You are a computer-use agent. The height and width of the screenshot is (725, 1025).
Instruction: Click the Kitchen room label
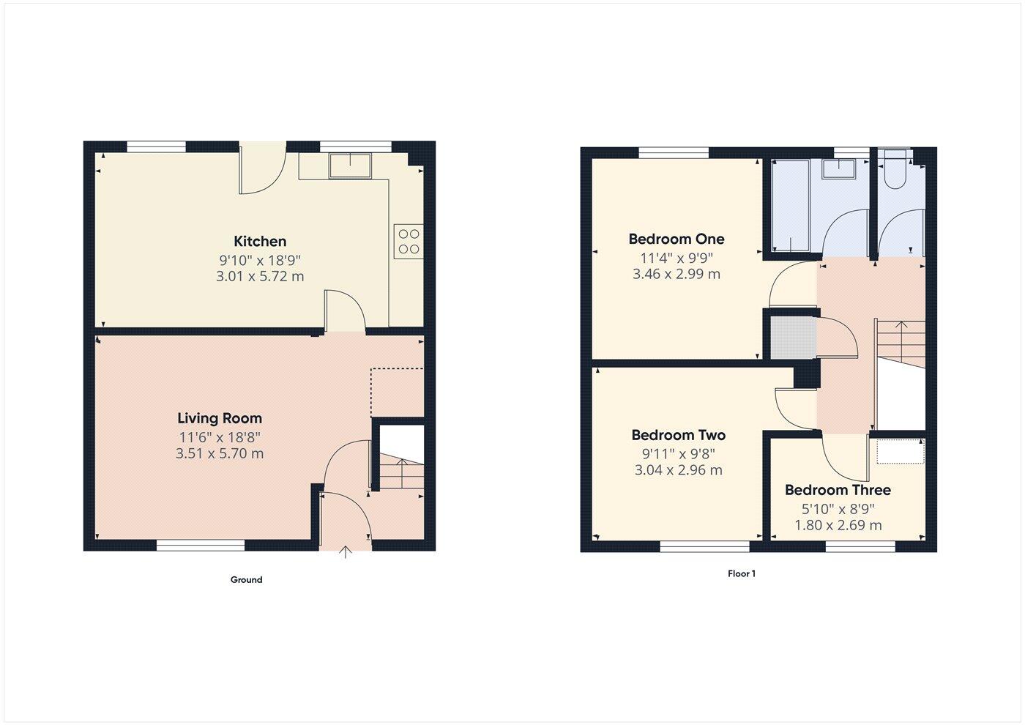coord(260,241)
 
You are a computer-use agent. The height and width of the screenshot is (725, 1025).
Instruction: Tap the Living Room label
coord(220,418)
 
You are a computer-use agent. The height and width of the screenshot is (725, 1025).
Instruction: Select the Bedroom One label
coord(676,239)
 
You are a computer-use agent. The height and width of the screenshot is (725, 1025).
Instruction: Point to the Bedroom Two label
coord(678,435)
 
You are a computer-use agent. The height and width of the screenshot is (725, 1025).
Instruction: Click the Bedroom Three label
coord(838,490)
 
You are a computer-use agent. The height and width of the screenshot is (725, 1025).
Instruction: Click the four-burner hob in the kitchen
coord(409,242)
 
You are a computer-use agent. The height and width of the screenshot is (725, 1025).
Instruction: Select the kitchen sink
coord(350,166)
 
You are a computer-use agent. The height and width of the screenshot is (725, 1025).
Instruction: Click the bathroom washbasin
coord(840,169)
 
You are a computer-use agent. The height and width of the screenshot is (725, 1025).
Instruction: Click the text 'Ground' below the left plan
coord(246,580)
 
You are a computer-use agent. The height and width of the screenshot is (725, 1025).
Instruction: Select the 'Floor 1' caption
coord(741,574)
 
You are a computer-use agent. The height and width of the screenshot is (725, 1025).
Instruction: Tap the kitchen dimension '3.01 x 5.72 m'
coord(260,277)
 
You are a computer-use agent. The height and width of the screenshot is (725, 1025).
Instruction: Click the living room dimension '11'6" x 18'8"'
coord(220,437)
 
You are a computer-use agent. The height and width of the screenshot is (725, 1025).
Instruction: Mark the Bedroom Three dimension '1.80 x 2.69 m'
coord(838,526)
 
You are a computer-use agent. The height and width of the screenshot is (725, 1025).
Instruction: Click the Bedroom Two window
coord(704,546)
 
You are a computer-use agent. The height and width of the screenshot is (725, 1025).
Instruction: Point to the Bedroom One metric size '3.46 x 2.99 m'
coord(676,275)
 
